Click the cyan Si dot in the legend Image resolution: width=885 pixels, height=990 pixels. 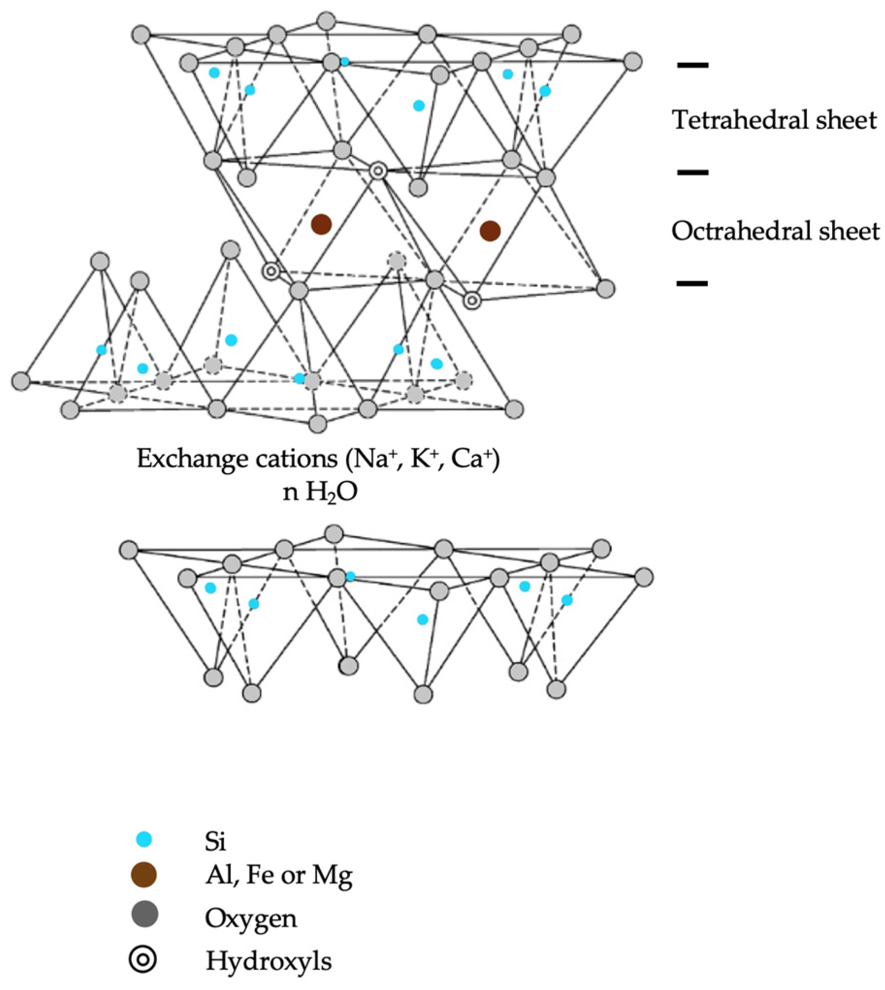tap(144, 839)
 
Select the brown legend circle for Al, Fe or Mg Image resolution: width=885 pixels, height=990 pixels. tap(144, 875)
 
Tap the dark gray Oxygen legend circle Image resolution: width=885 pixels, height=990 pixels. tap(145, 914)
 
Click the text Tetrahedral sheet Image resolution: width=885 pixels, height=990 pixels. tap(774, 120)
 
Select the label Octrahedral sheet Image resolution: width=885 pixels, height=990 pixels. tap(775, 231)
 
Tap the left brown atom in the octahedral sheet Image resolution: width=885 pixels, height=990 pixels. tap(322, 224)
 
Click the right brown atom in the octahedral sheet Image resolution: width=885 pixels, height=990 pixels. tap(490, 231)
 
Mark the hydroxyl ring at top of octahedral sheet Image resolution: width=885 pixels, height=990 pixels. tap(378, 171)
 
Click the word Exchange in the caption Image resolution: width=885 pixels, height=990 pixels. tap(192, 459)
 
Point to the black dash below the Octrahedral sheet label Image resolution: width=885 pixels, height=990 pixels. tap(692, 283)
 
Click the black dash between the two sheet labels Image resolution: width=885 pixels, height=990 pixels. tap(693, 172)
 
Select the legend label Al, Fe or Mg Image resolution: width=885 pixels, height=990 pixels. tap(279, 876)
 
